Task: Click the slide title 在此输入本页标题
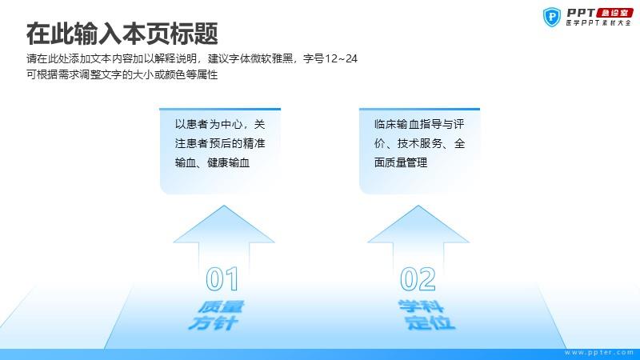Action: point(122,34)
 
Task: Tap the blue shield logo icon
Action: point(552,17)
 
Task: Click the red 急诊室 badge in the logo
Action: point(614,13)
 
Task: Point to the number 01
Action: point(222,279)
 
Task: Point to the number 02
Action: point(418,279)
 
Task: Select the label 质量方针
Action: point(216,315)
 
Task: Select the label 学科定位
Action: point(426,314)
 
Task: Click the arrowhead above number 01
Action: point(224,224)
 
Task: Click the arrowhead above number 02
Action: point(418,224)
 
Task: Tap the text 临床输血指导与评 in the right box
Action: point(419,124)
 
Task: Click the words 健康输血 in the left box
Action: point(228,162)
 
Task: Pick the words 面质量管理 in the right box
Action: point(401,162)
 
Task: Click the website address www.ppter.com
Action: point(599,352)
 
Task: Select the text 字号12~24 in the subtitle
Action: point(330,58)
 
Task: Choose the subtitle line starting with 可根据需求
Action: point(122,74)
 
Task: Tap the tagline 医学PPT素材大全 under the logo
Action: point(598,23)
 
